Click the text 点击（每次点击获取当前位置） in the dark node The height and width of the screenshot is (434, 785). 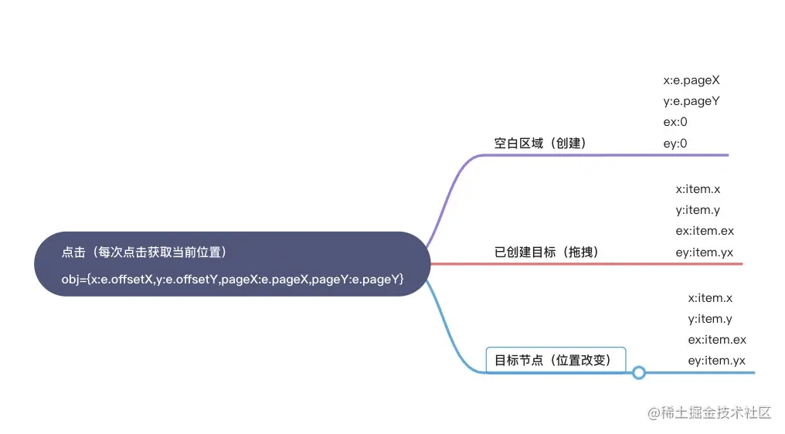point(144,253)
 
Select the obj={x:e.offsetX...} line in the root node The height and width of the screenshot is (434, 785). point(233,279)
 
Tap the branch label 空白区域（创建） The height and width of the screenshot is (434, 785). point(541,143)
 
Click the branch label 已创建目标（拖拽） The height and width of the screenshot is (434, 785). point(547,252)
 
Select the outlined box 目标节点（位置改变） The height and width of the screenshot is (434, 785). point(555,360)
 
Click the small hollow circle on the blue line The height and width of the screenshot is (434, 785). point(638,373)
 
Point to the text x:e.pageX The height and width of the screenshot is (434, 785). point(692,80)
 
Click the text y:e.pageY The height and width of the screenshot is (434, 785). point(692,100)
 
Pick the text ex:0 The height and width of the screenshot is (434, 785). point(675,122)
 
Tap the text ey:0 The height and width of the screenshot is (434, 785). point(675,143)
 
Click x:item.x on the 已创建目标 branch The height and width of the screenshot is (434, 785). point(698,188)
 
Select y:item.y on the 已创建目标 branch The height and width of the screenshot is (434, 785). point(698,209)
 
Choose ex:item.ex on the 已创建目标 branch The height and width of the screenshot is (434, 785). point(705,231)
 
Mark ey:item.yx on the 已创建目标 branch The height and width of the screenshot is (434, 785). point(705,252)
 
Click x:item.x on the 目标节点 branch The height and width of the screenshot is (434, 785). point(710,297)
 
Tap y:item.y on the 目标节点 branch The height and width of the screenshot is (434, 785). point(710,318)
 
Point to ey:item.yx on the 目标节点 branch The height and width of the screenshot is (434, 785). point(717,361)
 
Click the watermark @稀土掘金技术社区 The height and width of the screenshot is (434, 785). point(709,412)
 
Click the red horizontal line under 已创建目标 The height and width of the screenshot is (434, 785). point(587,263)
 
